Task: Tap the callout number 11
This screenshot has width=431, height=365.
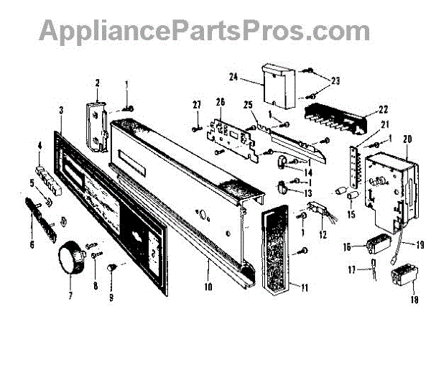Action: click(x=305, y=288)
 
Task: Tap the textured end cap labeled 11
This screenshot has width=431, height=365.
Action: click(x=278, y=252)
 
